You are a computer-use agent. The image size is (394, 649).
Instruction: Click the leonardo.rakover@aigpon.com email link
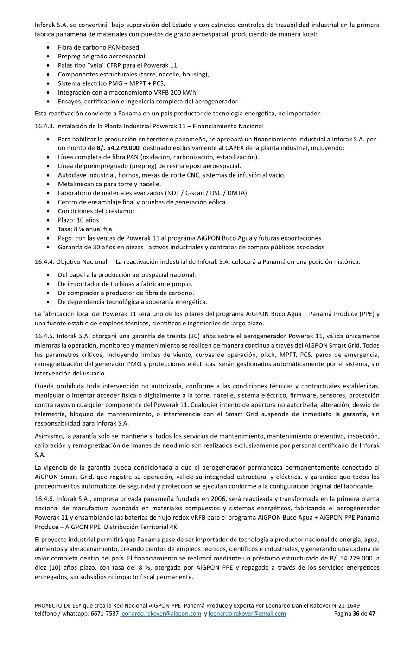click(160, 614)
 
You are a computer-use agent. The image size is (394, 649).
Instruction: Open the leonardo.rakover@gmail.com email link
click(247, 614)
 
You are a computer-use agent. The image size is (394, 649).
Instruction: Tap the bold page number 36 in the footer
click(356, 614)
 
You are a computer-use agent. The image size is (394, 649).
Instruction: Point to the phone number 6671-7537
click(106, 614)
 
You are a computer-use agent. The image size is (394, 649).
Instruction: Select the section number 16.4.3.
click(44, 126)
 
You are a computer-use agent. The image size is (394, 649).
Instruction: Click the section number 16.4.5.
click(44, 336)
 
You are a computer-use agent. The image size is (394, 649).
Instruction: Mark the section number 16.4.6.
click(44, 499)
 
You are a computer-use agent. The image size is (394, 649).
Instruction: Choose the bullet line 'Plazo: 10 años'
click(78, 220)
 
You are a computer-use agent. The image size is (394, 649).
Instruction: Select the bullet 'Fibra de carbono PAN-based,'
click(99, 47)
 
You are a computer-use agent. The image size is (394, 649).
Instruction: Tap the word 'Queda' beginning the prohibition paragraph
click(44, 386)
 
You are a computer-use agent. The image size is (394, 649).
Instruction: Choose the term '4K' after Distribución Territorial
click(174, 527)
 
